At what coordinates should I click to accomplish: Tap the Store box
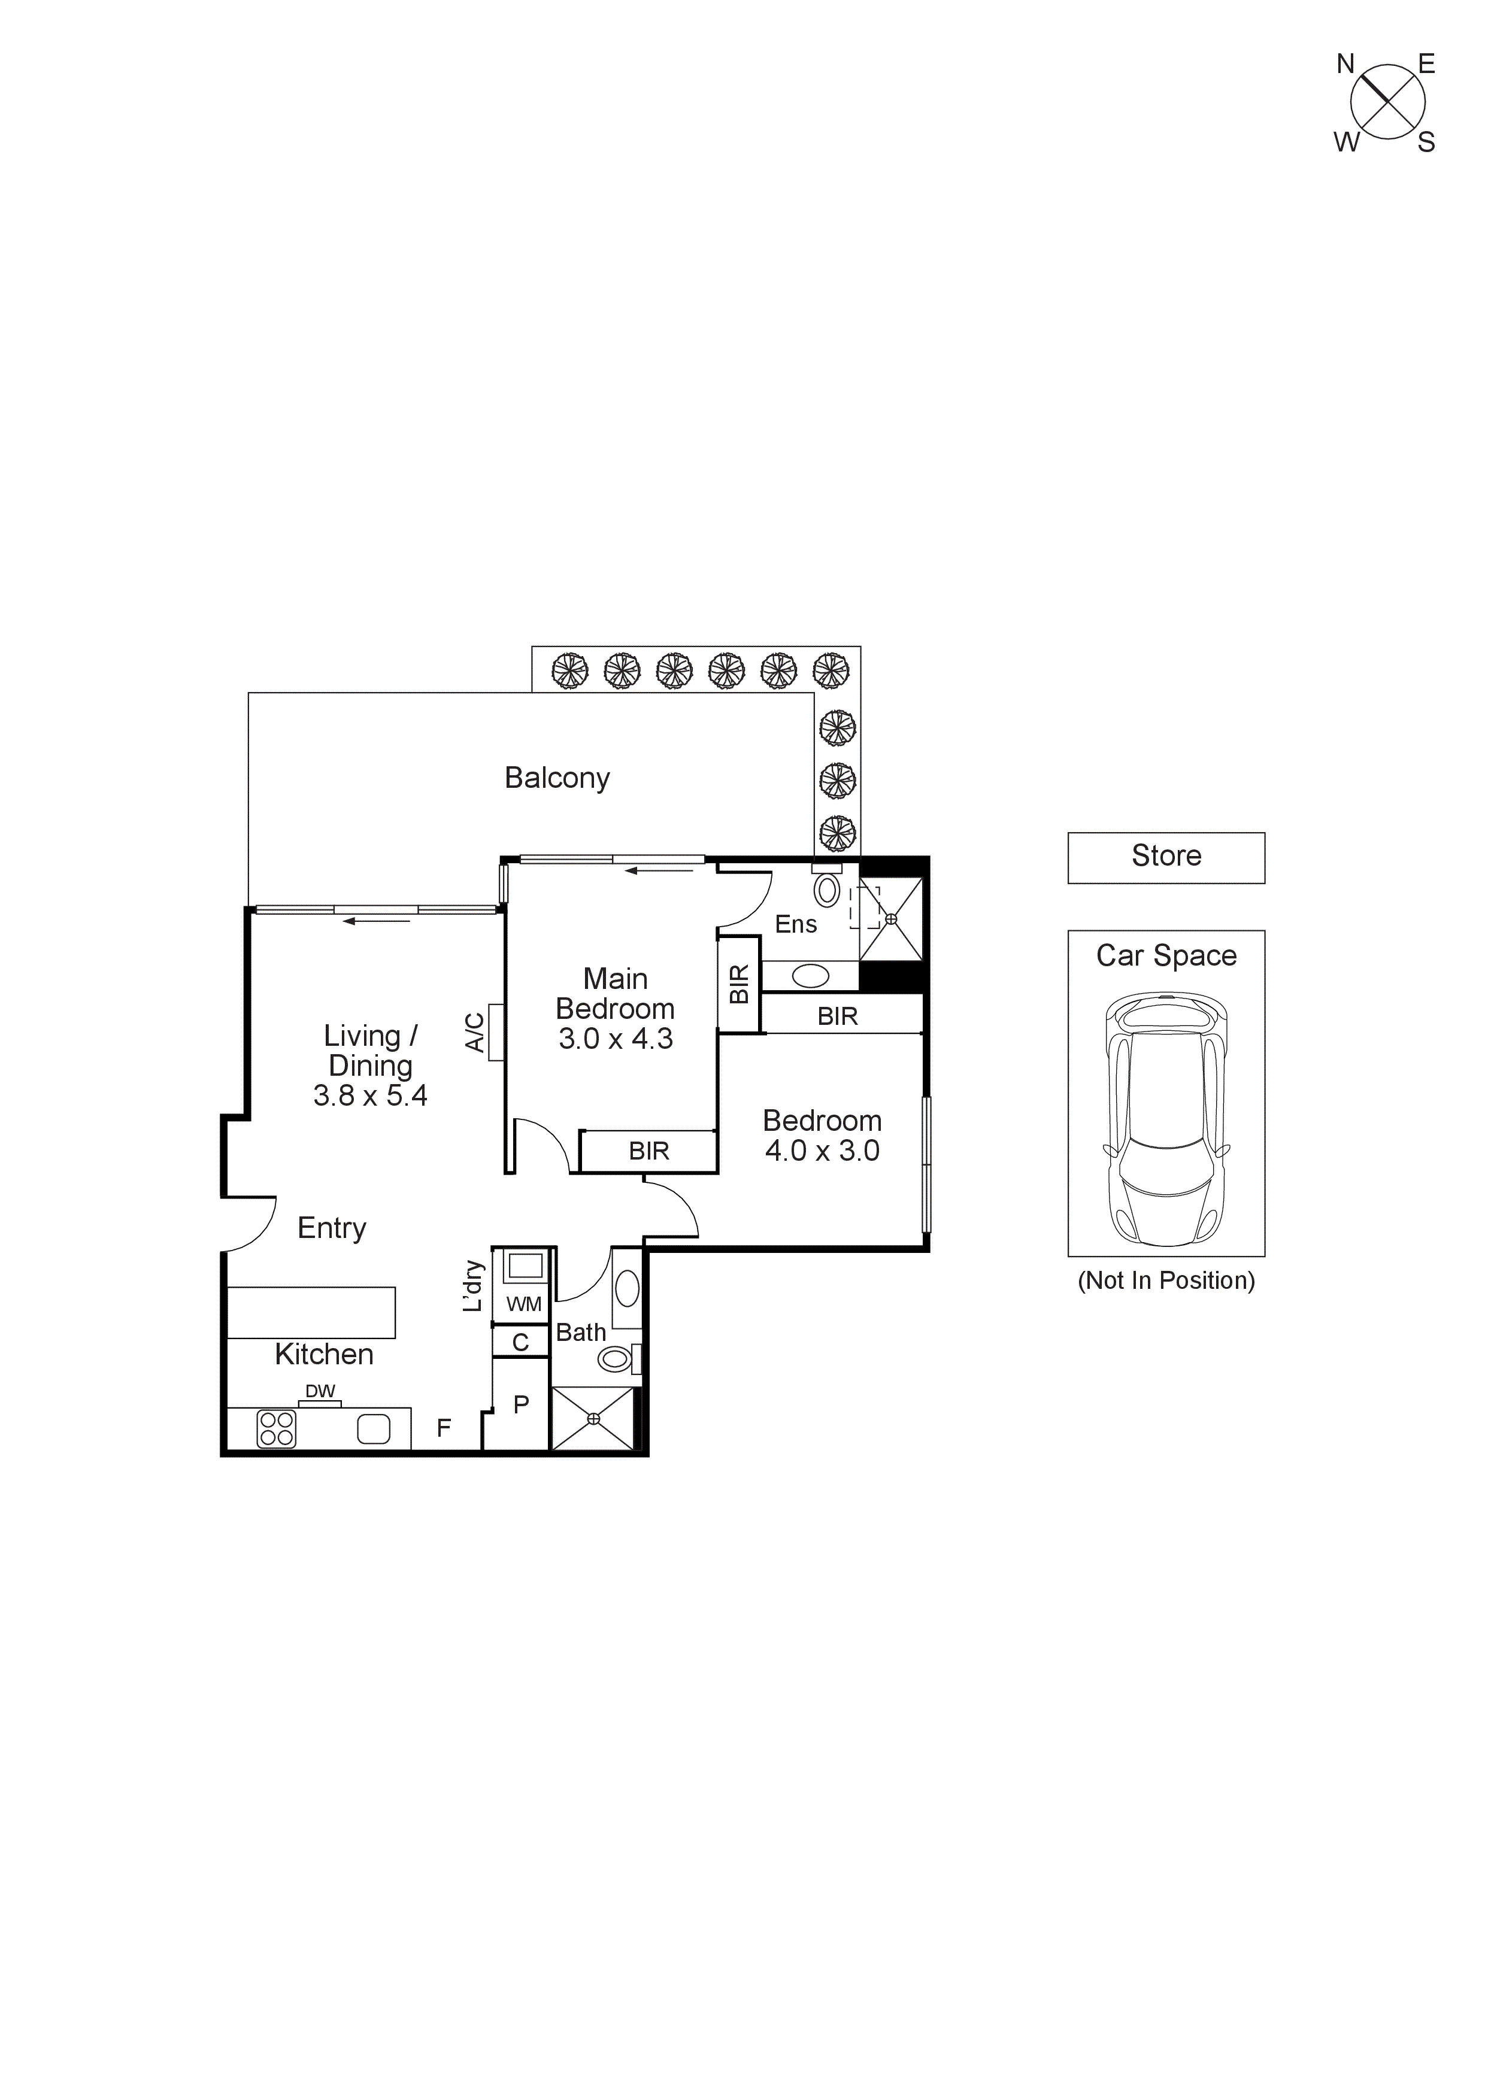(1166, 857)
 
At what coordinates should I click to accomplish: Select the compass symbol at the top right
(1387, 102)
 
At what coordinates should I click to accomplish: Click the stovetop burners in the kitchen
(276, 1429)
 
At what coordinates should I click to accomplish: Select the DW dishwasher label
(320, 1391)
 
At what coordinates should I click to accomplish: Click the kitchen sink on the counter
(373, 1429)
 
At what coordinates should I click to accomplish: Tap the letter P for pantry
(520, 1405)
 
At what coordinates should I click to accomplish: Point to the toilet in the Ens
(827, 889)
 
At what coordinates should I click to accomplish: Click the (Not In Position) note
(1166, 1280)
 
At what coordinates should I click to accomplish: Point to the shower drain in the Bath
(593, 1419)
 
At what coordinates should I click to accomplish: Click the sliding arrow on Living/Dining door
(376, 921)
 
